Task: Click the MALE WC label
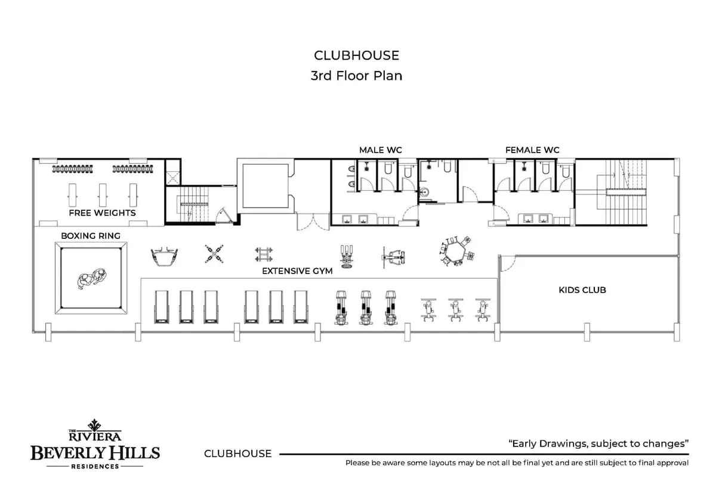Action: tap(381, 150)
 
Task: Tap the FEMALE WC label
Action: tap(532, 150)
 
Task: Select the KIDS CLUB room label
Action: tap(582, 290)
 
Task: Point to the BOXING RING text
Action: tap(91, 236)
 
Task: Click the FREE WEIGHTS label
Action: tap(102, 213)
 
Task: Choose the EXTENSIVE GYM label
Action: tap(297, 271)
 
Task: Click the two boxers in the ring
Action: tap(92, 278)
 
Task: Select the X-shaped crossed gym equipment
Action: tap(214, 254)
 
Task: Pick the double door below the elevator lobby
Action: tap(313, 221)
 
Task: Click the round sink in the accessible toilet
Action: tap(424, 192)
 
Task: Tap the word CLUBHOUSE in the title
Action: tap(356, 55)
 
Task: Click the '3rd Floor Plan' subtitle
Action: tap(356, 76)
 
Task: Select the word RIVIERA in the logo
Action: tap(95, 437)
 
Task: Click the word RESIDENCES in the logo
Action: tap(95, 467)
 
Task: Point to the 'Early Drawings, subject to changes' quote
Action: tap(598, 443)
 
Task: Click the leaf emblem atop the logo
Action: tap(95, 425)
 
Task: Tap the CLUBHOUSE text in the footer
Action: tap(238, 453)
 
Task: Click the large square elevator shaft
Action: tap(266, 186)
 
